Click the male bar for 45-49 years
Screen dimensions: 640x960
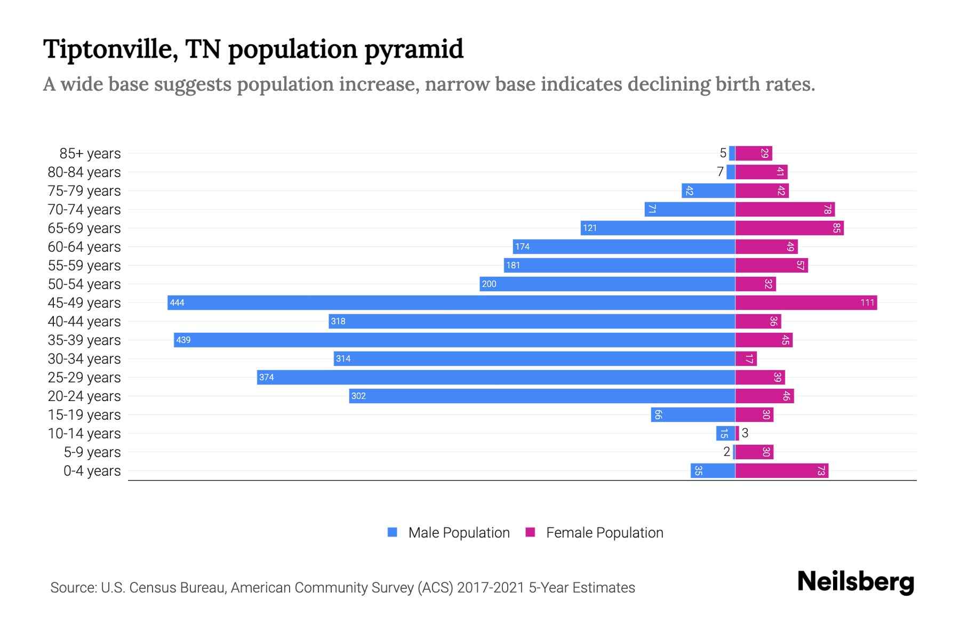[451, 302]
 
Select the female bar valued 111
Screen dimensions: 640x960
[806, 302]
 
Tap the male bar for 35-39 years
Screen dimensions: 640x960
[454, 340]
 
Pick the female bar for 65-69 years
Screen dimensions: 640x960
[789, 228]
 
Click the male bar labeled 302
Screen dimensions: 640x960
[542, 396]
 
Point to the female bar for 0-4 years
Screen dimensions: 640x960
[782, 470]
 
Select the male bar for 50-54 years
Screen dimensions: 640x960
[607, 284]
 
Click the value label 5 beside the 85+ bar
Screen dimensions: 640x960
[723, 153]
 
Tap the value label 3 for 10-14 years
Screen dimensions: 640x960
[745, 433]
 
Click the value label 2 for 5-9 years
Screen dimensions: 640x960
[726, 452]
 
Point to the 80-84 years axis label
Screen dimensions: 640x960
[84, 172]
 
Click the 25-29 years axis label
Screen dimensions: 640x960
[84, 377]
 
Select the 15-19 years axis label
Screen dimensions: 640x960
[84, 414]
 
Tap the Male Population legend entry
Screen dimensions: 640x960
[458, 532]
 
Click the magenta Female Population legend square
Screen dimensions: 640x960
[530, 532]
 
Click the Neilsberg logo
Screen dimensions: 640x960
[855, 581]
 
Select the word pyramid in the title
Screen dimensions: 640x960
[414, 49]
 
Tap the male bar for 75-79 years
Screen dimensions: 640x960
[708, 190]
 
